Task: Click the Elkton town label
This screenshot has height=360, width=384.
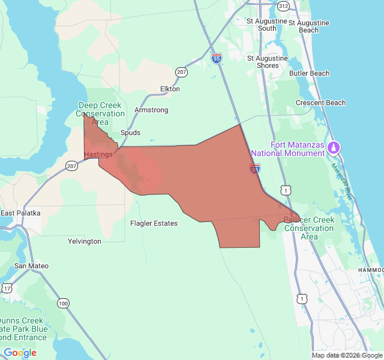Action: (x=170, y=89)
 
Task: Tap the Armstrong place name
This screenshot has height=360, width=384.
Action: (x=151, y=110)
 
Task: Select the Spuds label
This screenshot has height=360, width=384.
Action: (x=130, y=133)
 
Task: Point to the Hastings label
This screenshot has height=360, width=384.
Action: (x=98, y=154)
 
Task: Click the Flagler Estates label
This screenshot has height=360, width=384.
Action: (x=154, y=223)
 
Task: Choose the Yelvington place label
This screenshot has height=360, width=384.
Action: (x=84, y=241)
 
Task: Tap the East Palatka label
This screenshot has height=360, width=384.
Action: (x=20, y=213)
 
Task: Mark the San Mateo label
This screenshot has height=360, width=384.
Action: (x=31, y=266)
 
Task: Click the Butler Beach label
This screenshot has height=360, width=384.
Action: (x=309, y=73)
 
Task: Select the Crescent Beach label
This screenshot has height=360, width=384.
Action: (x=320, y=103)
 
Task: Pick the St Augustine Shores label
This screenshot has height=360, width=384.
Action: (x=267, y=62)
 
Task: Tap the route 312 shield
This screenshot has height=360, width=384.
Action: (x=284, y=6)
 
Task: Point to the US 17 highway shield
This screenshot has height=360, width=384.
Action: (x=7, y=289)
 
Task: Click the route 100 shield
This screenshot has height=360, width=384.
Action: (x=63, y=304)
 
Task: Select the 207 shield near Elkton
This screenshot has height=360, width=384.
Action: (x=181, y=72)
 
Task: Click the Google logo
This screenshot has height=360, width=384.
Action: (x=20, y=353)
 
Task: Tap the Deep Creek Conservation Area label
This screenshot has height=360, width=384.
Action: (x=100, y=113)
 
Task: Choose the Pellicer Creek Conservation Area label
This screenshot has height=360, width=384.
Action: (x=309, y=228)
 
